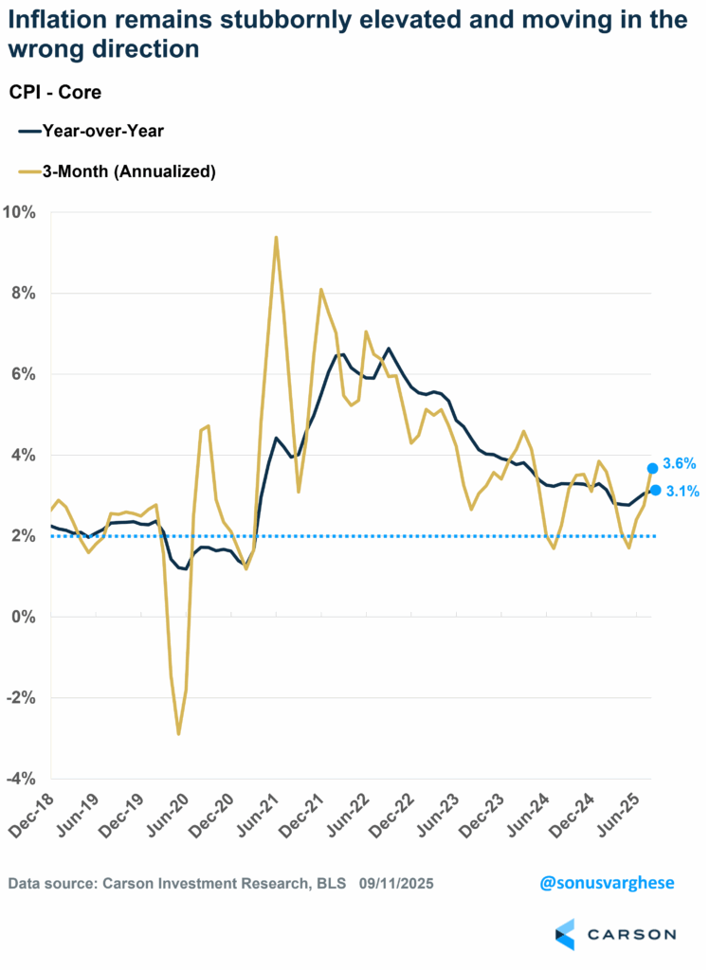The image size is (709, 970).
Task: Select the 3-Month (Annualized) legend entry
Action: [117, 171]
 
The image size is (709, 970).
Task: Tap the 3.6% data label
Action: [680, 464]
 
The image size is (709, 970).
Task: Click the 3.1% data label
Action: [680, 491]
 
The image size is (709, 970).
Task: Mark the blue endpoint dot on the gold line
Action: [653, 468]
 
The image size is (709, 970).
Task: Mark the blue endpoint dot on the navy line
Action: [655, 490]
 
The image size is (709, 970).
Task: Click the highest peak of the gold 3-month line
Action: [276, 237]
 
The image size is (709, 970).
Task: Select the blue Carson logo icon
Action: [565, 934]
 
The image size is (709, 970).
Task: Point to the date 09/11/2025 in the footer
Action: [397, 883]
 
